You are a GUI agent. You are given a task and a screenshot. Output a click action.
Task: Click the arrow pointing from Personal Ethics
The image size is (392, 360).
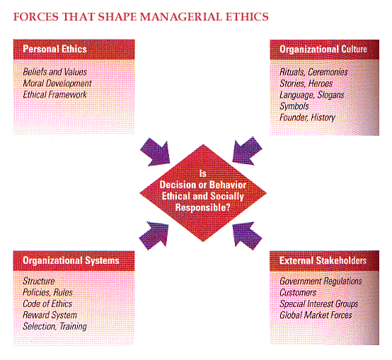click(x=155, y=152)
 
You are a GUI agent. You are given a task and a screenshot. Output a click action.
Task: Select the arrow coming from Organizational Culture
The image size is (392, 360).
click(x=247, y=151)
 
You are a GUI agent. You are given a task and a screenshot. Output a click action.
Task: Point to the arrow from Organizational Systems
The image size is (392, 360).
click(x=154, y=236)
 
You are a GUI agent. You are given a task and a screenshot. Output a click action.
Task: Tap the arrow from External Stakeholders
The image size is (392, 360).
click(x=247, y=236)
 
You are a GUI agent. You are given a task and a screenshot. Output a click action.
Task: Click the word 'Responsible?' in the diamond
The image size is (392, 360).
click(x=203, y=208)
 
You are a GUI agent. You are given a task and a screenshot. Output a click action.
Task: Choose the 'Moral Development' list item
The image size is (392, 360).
click(x=57, y=83)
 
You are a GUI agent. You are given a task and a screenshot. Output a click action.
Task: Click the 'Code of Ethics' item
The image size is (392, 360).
click(x=47, y=304)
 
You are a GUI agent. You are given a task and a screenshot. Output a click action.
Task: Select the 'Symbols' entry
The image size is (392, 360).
click(x=294, y=106)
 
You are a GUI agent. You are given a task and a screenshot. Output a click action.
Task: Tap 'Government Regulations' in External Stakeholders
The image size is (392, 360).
click(x=321, y=281)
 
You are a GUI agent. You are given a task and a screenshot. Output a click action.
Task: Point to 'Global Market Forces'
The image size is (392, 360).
click(x=316, y=315)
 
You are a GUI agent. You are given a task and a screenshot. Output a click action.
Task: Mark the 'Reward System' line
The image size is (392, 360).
click(x=50, y=315)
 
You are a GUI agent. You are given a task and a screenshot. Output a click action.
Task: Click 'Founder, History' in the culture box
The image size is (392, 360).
click(x=308, y=117)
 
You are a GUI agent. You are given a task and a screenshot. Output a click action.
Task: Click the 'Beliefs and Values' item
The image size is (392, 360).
click(x=54, y=72)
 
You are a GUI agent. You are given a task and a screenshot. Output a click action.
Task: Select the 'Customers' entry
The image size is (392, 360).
click(x=298, y=293)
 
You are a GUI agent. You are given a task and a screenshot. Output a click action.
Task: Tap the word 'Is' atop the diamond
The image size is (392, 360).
click(x=203, y=173)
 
